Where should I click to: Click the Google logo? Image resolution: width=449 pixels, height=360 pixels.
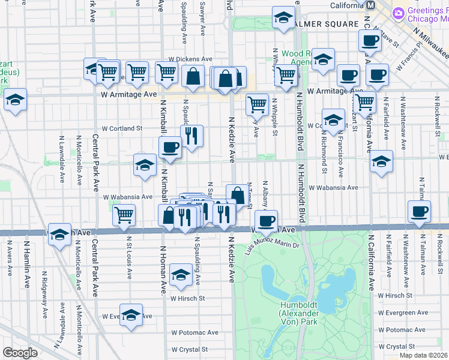point(20,353)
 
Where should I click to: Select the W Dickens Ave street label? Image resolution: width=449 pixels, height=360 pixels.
point(190,59)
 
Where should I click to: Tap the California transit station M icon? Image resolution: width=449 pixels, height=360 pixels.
point(370,5)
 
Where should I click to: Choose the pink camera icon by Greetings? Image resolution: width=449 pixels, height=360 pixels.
point(397,13)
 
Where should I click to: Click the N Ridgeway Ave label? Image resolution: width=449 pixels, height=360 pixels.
point(44,287)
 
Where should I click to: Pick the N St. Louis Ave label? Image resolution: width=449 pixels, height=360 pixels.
point(129,257)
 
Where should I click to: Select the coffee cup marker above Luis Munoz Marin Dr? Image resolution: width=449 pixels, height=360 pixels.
point(266,220)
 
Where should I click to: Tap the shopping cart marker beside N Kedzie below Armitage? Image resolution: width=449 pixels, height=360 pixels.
point(257,104)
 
